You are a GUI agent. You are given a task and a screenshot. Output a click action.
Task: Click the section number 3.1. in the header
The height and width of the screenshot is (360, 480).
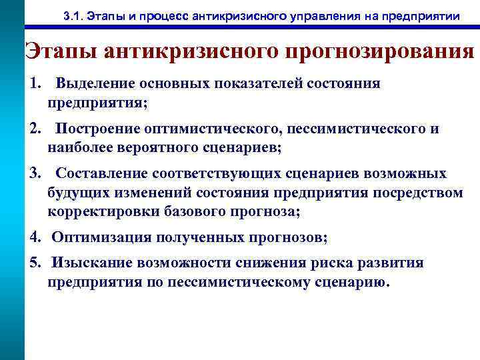pos(83,15)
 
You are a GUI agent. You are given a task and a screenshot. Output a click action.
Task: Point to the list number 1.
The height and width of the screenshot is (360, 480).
pos(35,83)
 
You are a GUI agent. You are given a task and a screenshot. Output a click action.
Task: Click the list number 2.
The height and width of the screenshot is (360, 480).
pos(35,129)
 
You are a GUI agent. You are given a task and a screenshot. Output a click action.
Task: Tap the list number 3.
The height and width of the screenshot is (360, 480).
pos(35,174)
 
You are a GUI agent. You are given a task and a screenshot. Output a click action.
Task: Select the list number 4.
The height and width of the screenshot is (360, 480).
pos(35,237)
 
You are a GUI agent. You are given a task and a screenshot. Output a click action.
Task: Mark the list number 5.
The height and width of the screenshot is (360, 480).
pos(35,262)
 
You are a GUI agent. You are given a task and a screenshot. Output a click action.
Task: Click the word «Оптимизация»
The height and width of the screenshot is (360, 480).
pos(101,237)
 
